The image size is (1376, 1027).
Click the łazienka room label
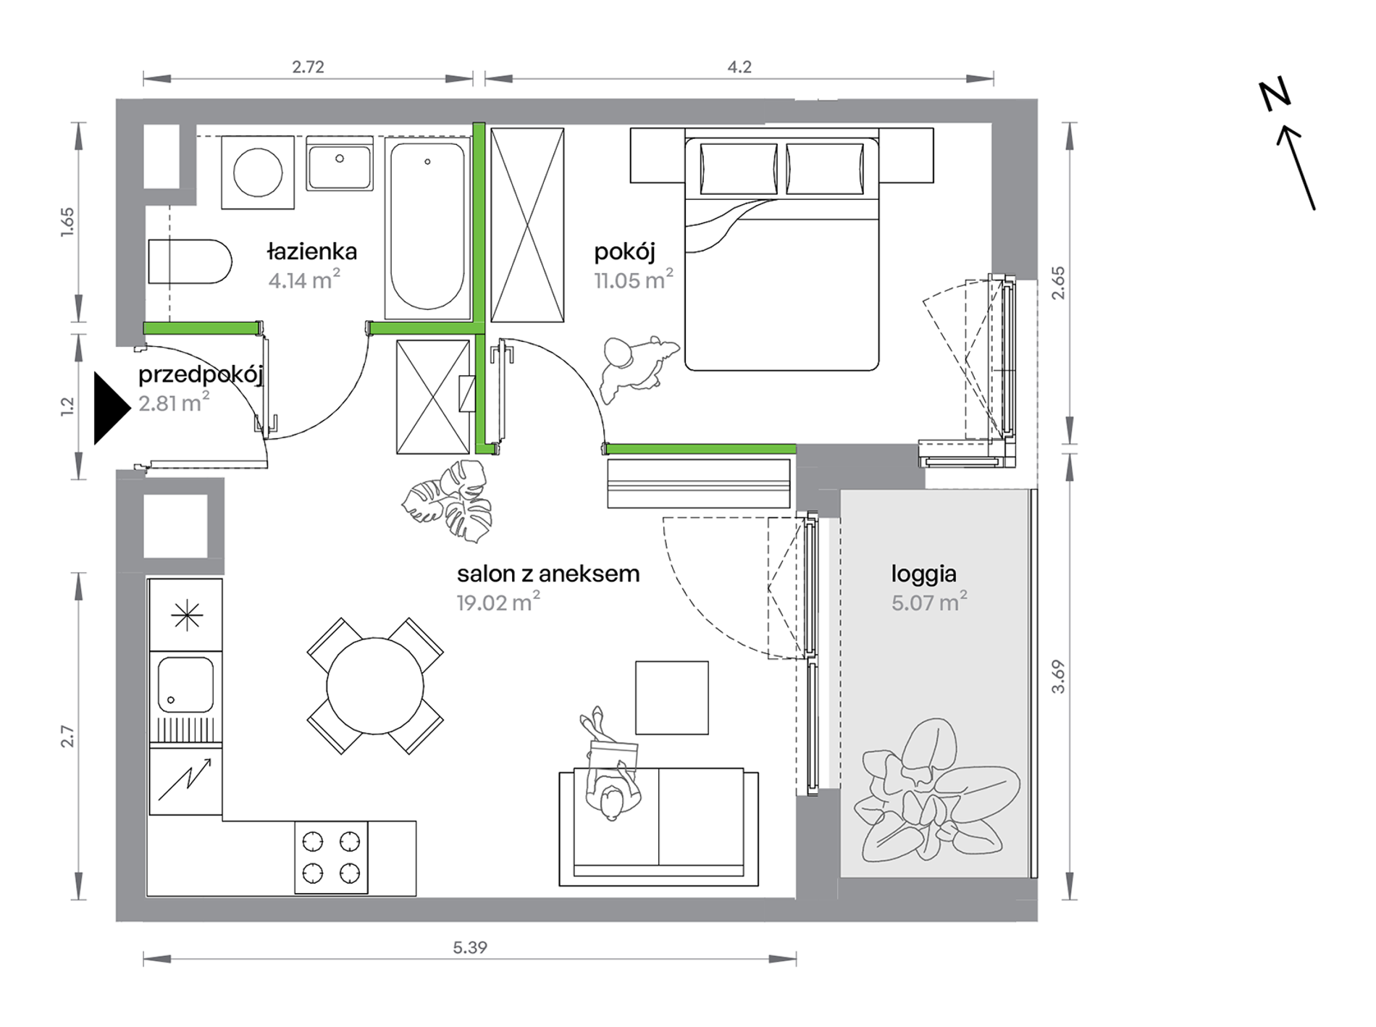point(311,252)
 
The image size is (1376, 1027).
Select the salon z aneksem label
point(548,574)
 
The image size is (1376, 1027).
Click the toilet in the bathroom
point(190,261)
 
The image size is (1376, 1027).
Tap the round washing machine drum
point(258,172)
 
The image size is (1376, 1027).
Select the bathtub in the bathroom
point(427,227)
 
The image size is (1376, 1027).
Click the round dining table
point(375,686)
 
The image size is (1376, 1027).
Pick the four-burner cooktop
point(331,858)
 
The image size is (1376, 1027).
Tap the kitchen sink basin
point(185,685)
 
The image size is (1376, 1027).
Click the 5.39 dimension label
point(470,947)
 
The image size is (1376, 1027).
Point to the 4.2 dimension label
point(739,67)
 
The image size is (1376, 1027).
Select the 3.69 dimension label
point(1058,676)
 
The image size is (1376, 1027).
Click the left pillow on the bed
point(739,169)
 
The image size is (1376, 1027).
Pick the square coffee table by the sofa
point(672,697)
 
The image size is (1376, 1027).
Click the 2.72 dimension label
point(308,67)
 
